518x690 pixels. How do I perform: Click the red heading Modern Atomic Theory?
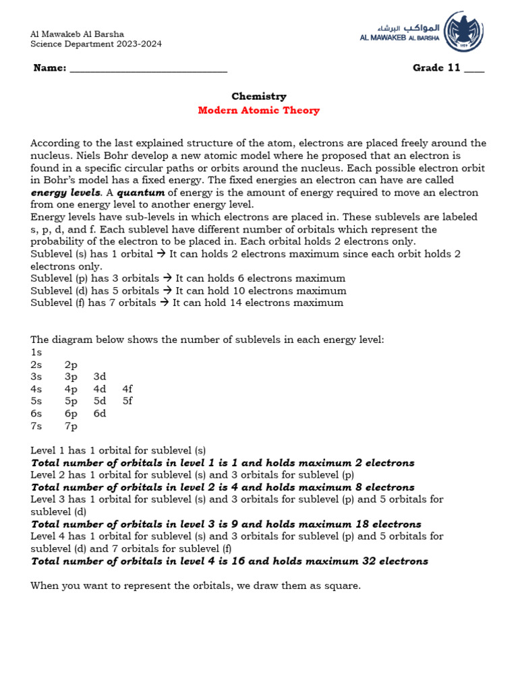258,111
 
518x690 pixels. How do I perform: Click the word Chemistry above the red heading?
259,96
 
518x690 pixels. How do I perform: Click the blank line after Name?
148,68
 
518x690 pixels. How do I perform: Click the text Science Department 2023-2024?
96,44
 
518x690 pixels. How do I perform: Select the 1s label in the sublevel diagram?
36,352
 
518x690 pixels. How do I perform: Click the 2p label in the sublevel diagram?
71,365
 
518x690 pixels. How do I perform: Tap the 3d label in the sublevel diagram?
100,377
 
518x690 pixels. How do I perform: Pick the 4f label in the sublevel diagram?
127,389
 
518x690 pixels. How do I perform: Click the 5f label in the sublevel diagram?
127,401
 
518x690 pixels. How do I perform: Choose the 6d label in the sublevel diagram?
100,413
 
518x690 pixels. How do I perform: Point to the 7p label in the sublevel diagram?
71,426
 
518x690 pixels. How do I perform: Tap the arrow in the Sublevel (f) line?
165,303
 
